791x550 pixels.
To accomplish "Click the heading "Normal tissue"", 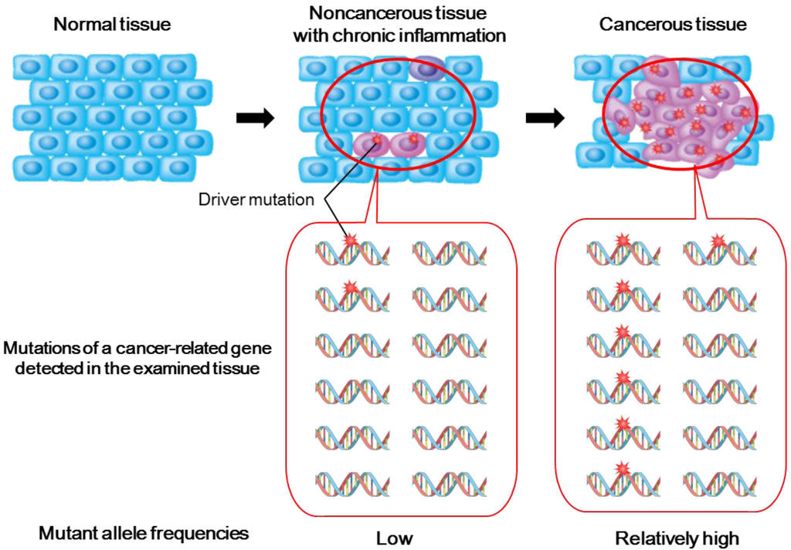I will click(112, 25).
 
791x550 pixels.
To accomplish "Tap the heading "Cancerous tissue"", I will click(673, 25).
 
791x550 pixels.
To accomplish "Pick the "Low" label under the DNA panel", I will click(392, 537).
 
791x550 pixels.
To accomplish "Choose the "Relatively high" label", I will click(666, 537).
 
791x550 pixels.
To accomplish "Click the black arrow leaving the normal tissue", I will click(253, 118).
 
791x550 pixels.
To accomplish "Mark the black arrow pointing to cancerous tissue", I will click(544, 118).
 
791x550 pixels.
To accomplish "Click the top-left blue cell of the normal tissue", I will click(31, 68).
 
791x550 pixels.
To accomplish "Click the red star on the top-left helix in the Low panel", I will click(350, 241).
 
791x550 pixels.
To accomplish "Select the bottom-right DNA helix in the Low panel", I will click(449, 483).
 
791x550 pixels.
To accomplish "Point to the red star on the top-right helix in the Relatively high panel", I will click(718, 241).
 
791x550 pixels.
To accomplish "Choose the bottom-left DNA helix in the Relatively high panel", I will click(623, 483).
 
